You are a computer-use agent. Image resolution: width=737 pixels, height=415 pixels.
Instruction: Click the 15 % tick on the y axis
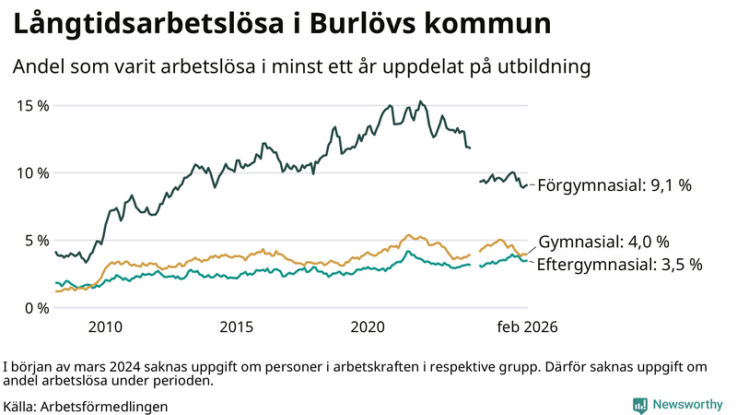[x=32, y=105]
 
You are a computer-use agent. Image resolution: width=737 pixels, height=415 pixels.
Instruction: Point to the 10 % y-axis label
[x=32, y=172]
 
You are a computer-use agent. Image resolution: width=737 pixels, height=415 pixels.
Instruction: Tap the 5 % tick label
[x=36, y=240]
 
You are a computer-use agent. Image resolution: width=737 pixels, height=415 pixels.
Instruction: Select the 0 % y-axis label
[x=36, y=307]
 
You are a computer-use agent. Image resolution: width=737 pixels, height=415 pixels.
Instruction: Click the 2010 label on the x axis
[x=105, y=327]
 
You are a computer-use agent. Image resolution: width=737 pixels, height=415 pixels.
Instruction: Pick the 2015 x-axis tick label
[x=237, y=327]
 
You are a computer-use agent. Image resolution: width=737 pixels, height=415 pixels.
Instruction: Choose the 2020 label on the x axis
[x=368, y=327]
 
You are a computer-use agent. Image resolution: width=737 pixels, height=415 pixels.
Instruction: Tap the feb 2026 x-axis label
[x=527, y=327]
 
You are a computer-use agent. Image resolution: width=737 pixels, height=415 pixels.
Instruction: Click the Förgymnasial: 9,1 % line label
[x=614, y=184]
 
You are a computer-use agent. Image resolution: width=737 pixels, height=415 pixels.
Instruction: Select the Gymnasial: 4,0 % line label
[x=603, y=243]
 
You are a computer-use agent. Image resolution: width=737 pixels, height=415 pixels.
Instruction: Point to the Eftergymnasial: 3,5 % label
[x=619, y=265]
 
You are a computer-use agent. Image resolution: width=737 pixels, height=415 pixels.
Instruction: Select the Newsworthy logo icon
[x=639, y=404]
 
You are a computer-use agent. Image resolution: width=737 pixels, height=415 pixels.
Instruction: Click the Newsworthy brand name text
[x=689, y=404]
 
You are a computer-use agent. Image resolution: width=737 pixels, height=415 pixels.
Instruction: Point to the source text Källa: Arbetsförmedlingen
[x=86, y=405]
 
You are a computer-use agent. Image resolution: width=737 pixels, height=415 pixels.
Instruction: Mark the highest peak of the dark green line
[x=420, y=101]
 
